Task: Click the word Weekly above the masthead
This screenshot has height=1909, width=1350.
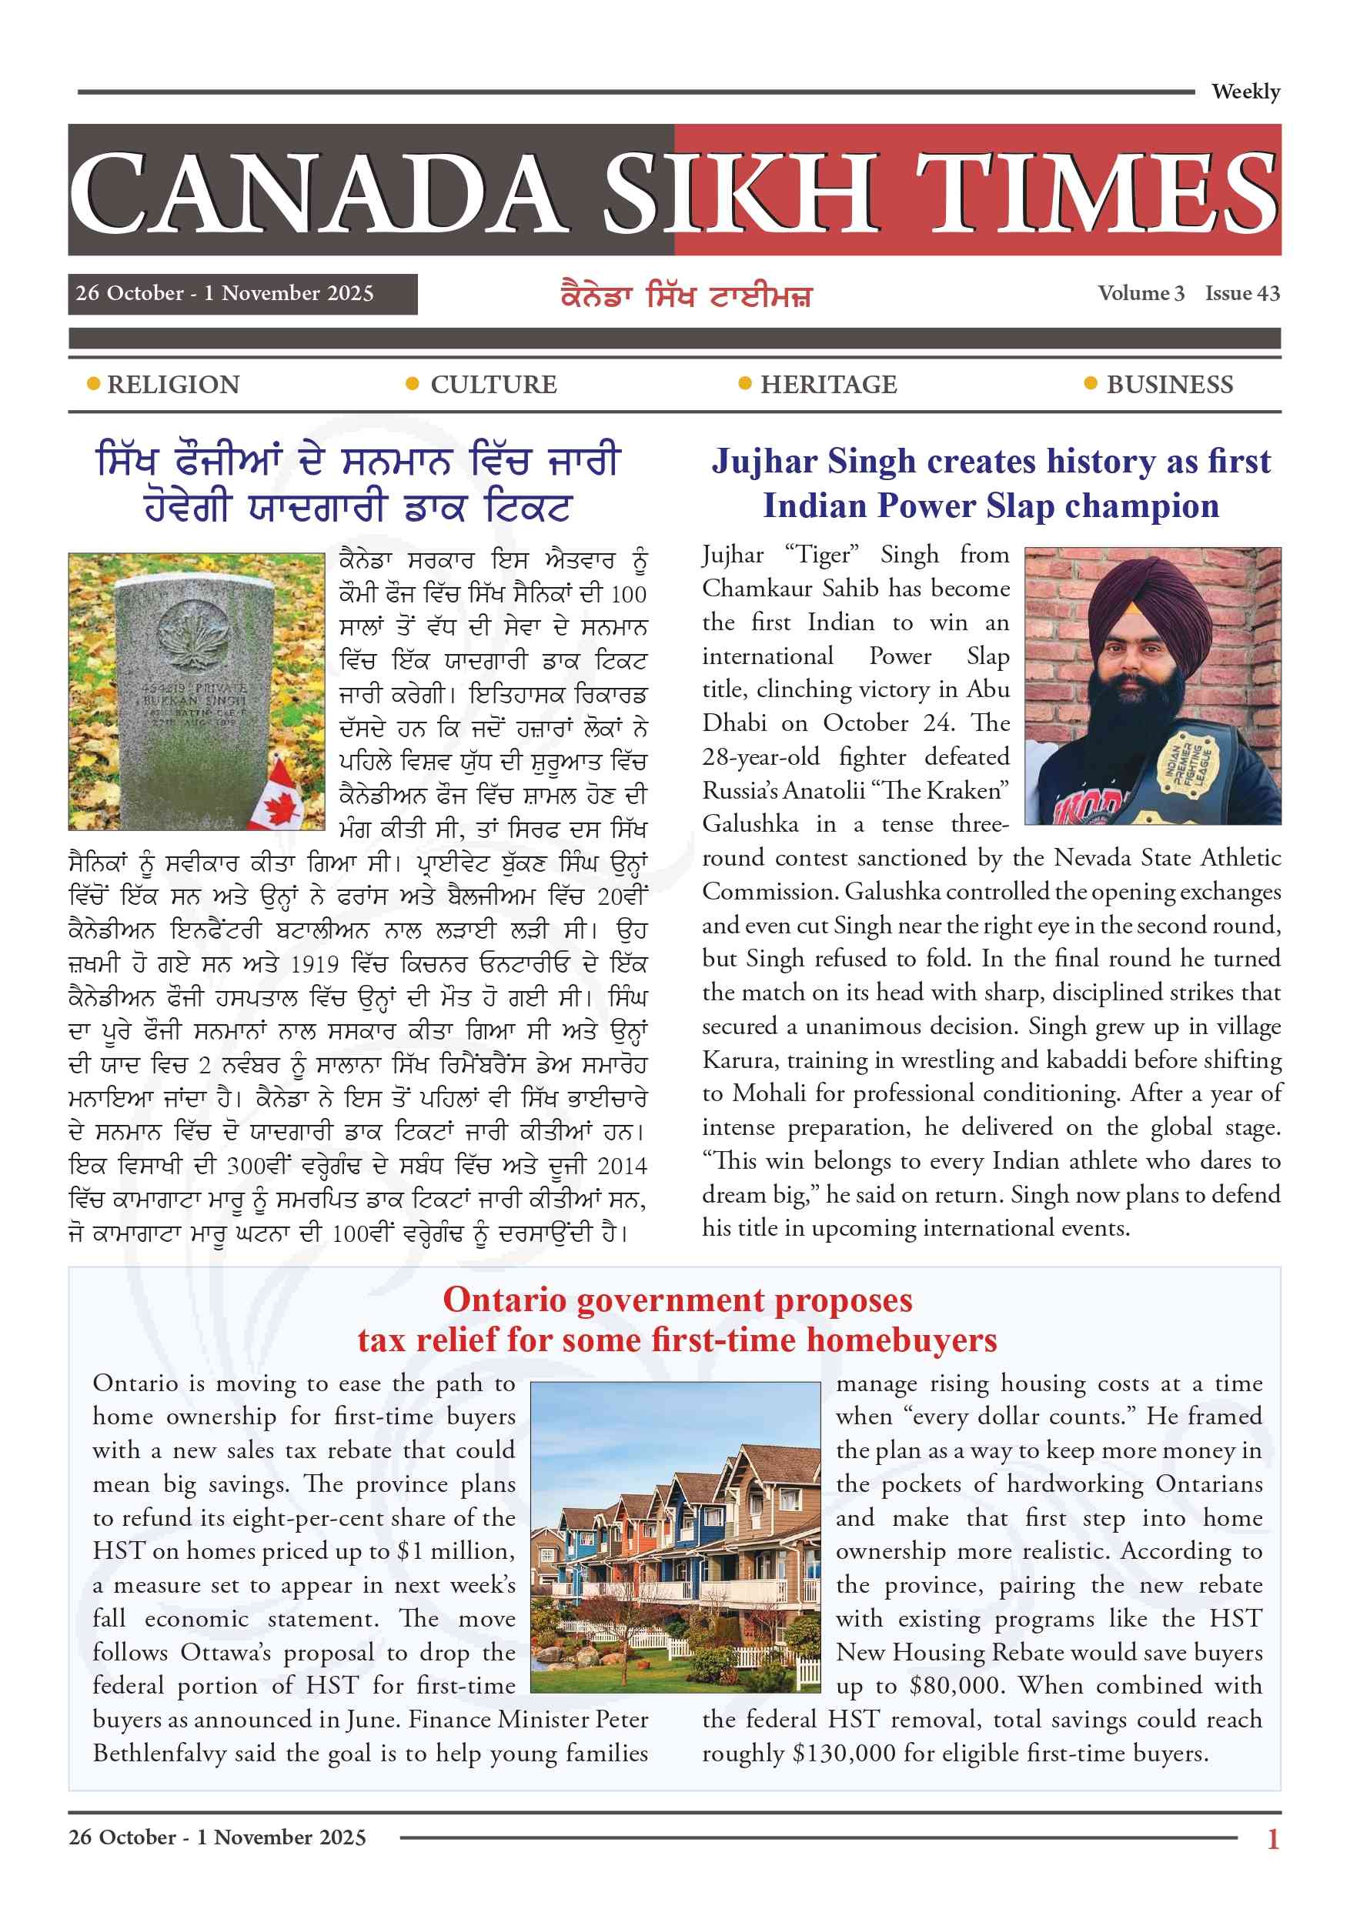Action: (x=1245, y=92)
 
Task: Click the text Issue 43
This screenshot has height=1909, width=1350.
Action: (x=1242, y=293)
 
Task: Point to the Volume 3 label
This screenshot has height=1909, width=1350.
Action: (x=1141, y=293)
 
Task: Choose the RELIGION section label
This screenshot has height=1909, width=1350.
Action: (x=173, y=385)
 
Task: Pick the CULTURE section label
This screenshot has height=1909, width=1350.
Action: (x=493, y=385)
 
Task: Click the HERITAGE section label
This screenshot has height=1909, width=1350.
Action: (x=828, y=385)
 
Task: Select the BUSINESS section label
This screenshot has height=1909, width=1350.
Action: (x=1169, y=385)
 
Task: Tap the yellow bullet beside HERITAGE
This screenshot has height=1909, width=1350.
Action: (x=745, y=383)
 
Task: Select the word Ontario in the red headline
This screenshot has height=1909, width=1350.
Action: (x=504, y=1300)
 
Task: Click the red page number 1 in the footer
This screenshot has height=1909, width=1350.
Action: (x=1272, y=1838)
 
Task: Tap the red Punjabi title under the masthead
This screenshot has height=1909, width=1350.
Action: (x=687, y=296)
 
